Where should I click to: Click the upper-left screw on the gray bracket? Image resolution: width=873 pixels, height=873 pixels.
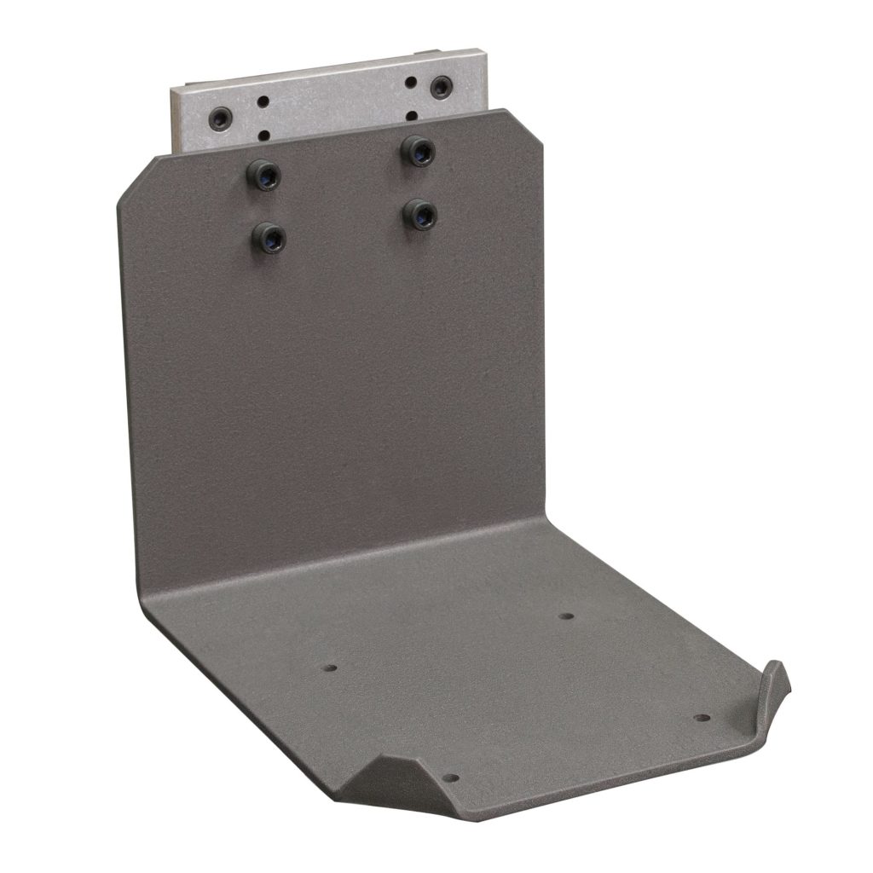(x=264, y=176)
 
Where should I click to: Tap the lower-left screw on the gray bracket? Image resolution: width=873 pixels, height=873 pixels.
(x=269, y=236)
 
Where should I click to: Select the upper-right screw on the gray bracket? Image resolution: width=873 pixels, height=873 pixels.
(x=418, y=151)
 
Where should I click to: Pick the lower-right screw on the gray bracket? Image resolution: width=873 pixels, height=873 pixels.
(x=420, y=213)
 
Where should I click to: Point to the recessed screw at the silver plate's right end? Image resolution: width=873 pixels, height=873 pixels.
(x=441, y=86)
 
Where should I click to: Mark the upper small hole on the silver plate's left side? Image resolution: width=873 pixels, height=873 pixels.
(x=264, y=101)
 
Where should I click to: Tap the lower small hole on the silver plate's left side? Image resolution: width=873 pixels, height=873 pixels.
(x=264, y=134)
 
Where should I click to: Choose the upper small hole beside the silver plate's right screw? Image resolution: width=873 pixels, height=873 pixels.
(x=412, y=83)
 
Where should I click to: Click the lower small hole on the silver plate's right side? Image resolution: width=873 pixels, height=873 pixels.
(x=412, y=114)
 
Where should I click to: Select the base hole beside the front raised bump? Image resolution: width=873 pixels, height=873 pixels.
(x=451, y=778)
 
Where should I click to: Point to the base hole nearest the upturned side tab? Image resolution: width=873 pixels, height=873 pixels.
(x=700, y=718)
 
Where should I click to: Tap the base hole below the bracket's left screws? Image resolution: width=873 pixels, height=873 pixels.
(x=332, y=668)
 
